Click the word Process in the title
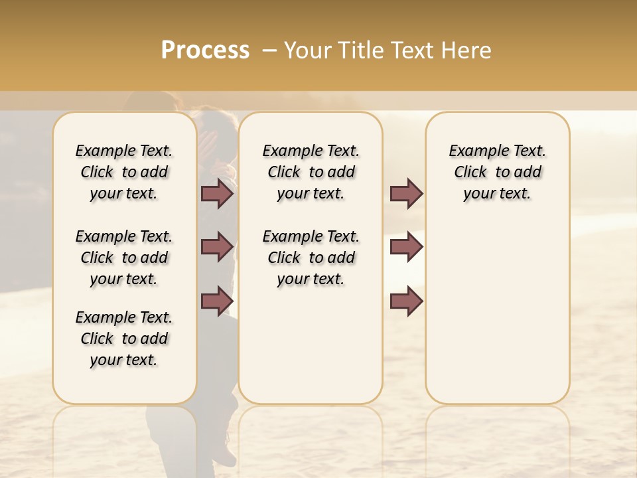pos(205,50)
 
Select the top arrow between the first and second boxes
pos(217,194)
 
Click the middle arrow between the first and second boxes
pos(217,247)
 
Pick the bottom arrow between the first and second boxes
pos(217,301)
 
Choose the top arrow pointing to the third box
pos(406,194)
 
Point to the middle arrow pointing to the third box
pos(406,247)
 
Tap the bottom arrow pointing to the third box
pos(406,301)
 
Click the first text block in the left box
pos(124,172)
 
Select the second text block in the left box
pos(124,258)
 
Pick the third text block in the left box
pos(124,339)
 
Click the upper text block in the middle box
pos(311,172)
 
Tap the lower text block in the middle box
pos(311,258)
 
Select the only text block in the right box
pos(497,172)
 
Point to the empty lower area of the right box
pos(497,312)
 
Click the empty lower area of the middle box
pos(311,345)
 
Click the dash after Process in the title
pos(269,50)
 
